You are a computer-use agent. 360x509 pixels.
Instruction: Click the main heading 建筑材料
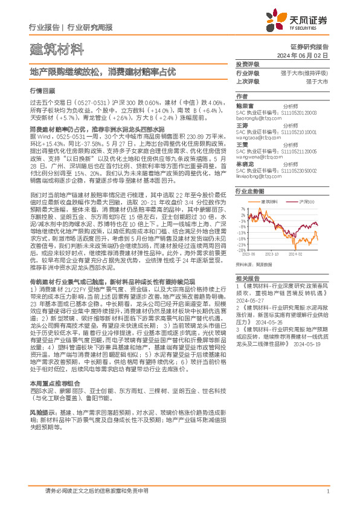pyautogui.click(x=50, y=48)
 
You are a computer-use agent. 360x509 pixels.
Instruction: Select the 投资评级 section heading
pyautogui.click(x=248, y=65)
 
